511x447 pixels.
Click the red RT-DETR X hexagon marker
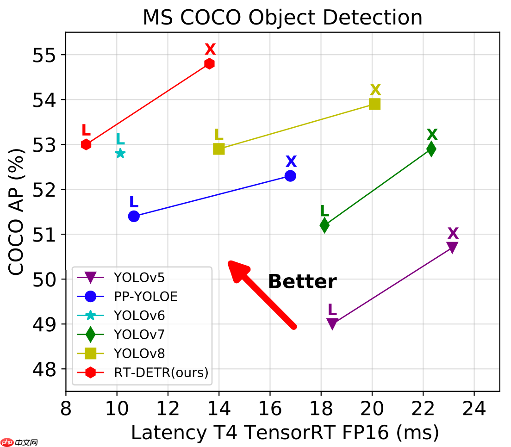point(210,63)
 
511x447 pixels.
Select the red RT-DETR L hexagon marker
point(86,144)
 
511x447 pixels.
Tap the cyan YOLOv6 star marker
point(120,153)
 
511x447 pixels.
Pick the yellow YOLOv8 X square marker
point(374,104)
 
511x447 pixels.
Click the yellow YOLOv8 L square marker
point(219,149)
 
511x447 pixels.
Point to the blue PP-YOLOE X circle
point(290,176)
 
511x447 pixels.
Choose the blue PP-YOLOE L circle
point(134,216)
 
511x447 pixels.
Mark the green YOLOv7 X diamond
point(431,149)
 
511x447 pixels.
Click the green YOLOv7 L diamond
point(324,225)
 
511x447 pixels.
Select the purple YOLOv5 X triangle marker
point(452,247)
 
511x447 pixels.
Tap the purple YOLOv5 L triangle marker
point(332,323)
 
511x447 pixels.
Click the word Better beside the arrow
point(302,282)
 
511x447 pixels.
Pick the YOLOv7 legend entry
point(139,334)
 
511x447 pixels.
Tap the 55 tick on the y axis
point(43,55)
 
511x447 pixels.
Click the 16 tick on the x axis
point(270,409)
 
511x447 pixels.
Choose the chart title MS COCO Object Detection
point(282,18)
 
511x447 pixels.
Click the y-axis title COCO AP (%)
point(17,211)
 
